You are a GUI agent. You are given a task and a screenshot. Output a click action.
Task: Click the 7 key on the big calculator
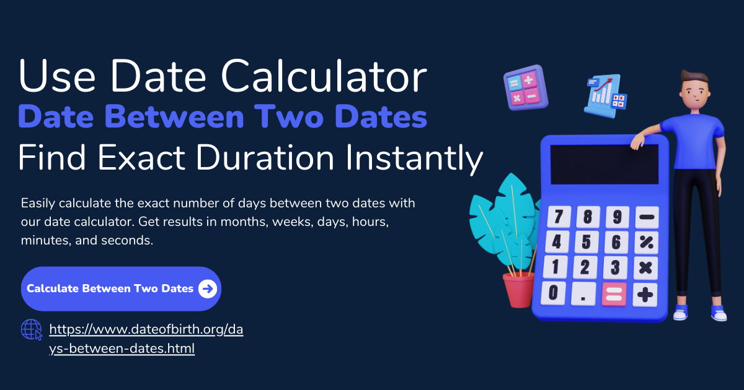point(559,217)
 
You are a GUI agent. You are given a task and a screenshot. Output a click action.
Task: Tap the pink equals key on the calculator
point(614,294)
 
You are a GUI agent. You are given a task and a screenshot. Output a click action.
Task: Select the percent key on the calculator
point(646,243)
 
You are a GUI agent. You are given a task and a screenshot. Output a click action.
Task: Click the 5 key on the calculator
point(587,242)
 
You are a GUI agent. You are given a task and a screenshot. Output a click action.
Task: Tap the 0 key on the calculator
point(553,293)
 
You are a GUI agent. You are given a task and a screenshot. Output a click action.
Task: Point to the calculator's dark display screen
point(604,164)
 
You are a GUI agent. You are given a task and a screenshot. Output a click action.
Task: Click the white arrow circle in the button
point(208,289)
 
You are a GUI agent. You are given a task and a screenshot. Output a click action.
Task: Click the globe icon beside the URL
point(32,329)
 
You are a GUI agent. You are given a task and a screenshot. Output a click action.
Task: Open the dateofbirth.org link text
point(146,339)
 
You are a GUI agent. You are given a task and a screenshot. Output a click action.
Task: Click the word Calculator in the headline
point(324,76)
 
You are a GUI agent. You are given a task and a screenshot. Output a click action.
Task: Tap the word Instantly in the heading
point(414,158)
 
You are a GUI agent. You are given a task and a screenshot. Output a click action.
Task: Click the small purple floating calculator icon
point(526,87)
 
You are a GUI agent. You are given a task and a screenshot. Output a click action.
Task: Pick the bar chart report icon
point(605,96)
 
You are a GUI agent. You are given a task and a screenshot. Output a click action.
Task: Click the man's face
point(696,94)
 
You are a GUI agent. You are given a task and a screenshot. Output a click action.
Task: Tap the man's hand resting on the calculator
point(637,142)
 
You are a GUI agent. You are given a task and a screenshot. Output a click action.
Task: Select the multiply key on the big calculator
point(645,268)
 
